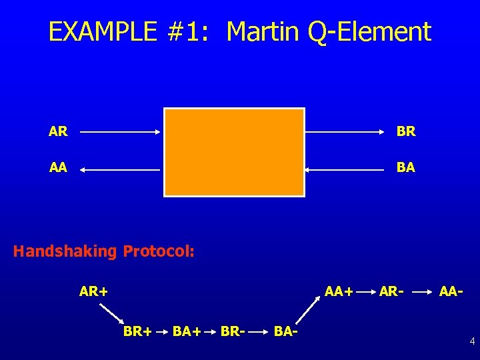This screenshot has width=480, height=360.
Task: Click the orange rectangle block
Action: point(234,152)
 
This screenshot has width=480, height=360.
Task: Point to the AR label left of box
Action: point(58,132)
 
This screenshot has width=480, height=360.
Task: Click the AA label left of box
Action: point(58,168)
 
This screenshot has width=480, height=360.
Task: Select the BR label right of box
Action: point(405,132)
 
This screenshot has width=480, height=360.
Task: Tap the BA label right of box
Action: point(405,168)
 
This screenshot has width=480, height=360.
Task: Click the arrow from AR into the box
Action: point(120,132)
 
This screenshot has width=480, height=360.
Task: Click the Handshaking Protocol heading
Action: point(104,251)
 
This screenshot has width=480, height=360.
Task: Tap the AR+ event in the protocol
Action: point(94,291)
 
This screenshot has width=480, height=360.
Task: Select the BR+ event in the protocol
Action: point(137,330)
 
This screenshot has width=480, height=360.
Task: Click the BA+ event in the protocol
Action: point(187,330)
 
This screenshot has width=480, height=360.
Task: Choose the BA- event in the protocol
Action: point(285,330)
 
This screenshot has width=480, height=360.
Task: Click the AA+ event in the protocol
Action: point(338,291)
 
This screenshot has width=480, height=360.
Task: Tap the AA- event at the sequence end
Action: point(451,291)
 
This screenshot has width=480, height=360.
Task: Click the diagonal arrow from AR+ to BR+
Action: point(112,313)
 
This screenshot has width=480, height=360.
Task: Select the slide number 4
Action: point(472,342)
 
